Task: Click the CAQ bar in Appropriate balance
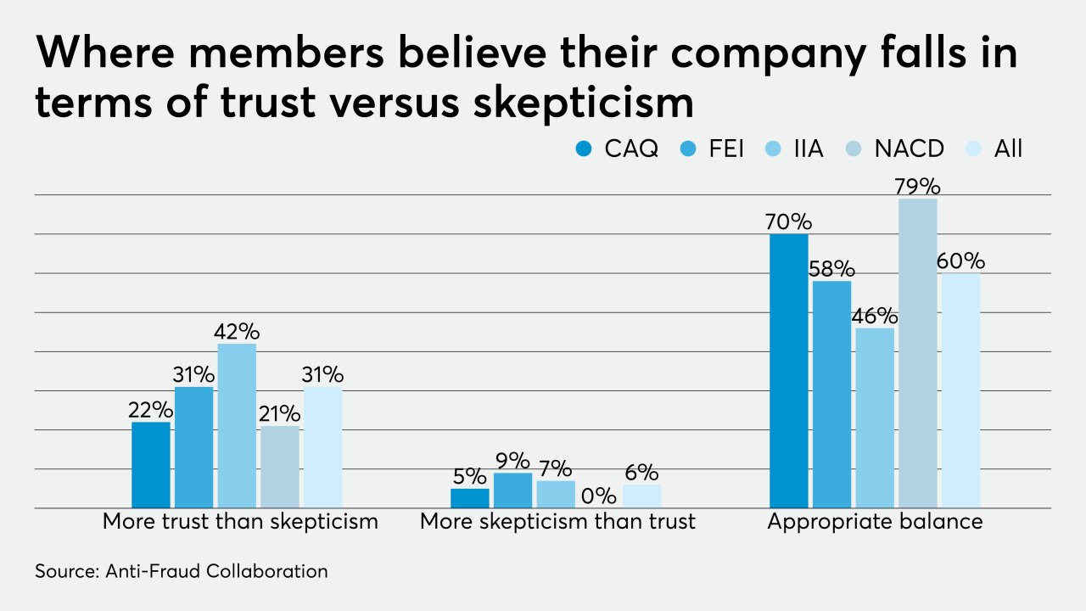(x=788, y=371)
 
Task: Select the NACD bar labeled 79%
(x=917, y=353)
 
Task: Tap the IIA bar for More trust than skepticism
(x=237, y=425)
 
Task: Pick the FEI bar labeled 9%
(x=512, y=490)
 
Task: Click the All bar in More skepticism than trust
(x=641, y=496)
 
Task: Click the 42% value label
(x=237, y=330)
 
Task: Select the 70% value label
(x=788, y=221)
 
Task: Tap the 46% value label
(x=875, y=316)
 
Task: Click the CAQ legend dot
(x=585, y=149)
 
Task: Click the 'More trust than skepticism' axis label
(x=240, y=521)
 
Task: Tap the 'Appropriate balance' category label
(x=875, y=521)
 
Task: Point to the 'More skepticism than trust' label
(x=557, y=521)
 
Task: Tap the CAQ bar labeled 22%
(x=151, y=465)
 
